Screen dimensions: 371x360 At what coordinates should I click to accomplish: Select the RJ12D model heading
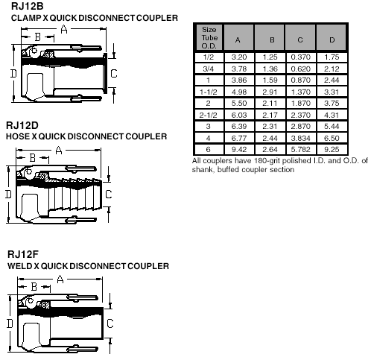click(22, 125)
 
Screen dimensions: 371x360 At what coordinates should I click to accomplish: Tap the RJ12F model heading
click(23, 254)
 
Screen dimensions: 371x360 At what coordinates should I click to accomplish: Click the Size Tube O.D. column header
click(209, 37)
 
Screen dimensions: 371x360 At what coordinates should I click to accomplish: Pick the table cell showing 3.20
click(239, 57)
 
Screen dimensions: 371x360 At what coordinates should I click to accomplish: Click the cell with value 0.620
click(301, 69)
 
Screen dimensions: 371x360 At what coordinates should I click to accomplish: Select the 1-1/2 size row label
click(209, 92)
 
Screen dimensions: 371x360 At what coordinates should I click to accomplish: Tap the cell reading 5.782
click(301, 150)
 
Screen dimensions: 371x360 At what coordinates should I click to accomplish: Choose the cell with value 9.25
click(332, 150)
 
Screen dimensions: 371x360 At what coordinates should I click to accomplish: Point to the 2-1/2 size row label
click(209, 116)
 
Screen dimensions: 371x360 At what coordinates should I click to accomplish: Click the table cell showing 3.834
click(301, 138)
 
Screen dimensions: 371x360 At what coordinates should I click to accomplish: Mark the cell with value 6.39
click(239, 127)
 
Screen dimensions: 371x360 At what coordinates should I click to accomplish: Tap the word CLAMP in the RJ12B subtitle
click(26, 18)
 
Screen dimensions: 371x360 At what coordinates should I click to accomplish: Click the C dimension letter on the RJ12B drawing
click(114, 74)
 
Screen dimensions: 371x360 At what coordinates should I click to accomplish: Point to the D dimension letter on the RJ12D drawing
click(8, 194)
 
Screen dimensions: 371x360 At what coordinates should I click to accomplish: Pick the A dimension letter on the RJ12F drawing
click(60, 280)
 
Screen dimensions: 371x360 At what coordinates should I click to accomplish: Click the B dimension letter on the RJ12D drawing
click(33, 158)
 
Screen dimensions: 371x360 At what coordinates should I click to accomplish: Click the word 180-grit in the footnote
click(267, 161)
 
